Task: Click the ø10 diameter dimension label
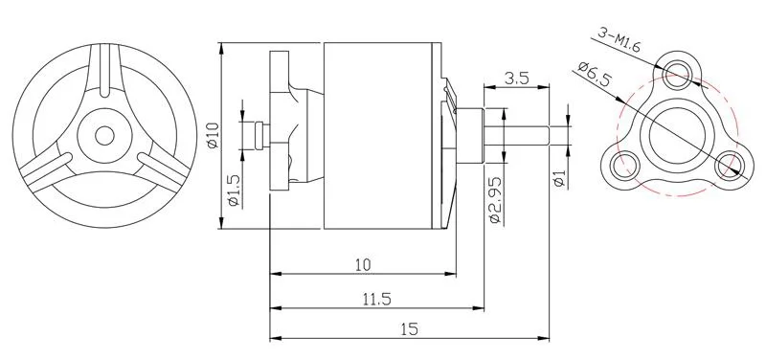[x=212, y=135]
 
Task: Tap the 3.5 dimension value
[x=516, y=79]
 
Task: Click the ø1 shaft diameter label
[x=560, y=178]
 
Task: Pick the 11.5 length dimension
[x=378, y=299]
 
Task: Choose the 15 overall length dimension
[x=410, y=329]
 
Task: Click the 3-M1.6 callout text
[x=619, y=40]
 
